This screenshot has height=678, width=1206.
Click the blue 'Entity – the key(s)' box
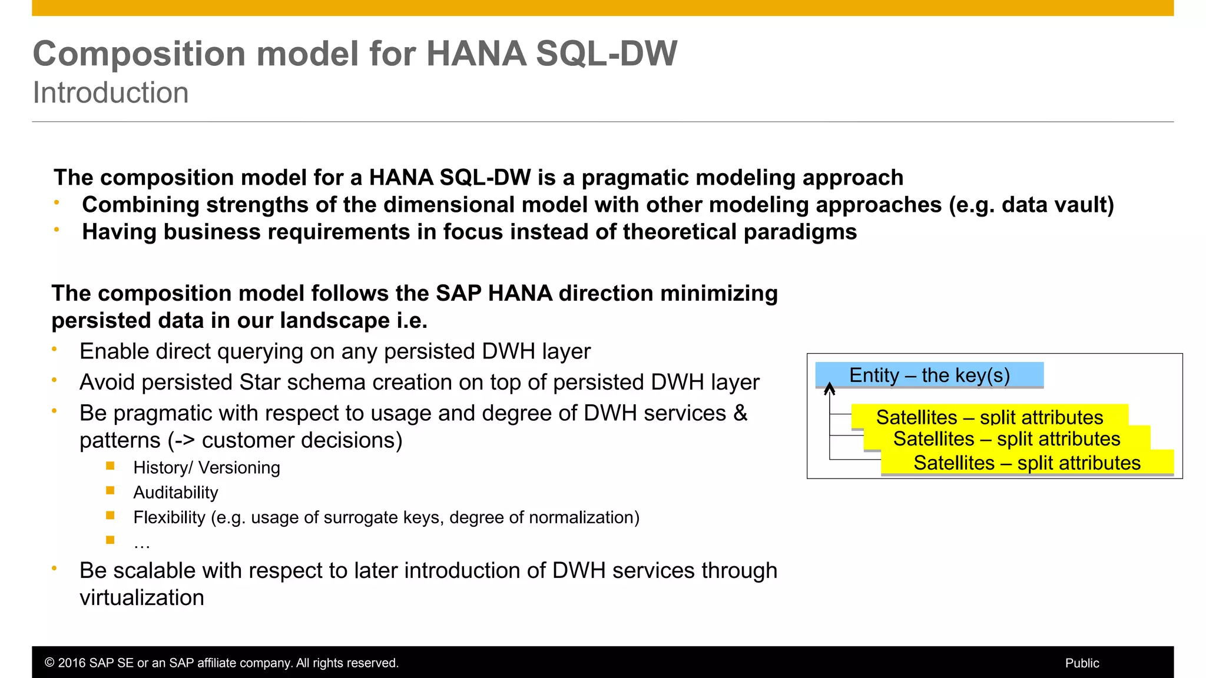[929, 375]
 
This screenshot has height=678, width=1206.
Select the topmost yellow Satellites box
[989, 416]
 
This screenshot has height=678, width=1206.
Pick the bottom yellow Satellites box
[1027, 463]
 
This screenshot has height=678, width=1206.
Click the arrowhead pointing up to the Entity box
[830, 388]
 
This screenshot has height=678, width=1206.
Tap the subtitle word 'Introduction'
[111, 93]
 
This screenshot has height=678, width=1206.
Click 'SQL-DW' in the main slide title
[607, 54]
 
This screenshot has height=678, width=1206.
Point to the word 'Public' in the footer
[1082, 663]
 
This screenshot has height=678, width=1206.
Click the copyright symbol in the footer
[49, 663]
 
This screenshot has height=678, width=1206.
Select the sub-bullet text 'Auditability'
[175, 493]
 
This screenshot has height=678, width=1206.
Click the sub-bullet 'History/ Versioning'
[206, 468]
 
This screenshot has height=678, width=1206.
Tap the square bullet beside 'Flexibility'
[110, 516]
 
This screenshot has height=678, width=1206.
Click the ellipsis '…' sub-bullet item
[141, 543]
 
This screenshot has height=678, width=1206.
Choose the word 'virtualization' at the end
[142, 598]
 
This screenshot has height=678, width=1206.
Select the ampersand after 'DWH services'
[740, 413]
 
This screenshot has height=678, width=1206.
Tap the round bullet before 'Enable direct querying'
[54, 349]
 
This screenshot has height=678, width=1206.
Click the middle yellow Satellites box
[1006, 439]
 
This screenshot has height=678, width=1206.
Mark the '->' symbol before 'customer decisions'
[184, 441]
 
